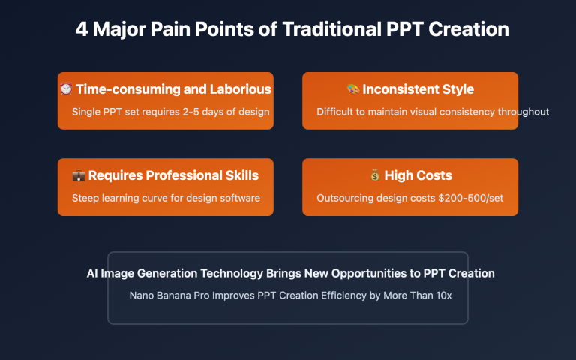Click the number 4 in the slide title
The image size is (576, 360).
point(82,30)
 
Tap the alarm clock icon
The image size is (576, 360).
point(66,89)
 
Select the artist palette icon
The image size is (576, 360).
point(352,89)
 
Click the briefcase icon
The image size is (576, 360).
point(78,175)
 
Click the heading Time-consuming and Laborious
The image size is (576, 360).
point(173,89)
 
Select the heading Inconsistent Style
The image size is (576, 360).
point(418,89)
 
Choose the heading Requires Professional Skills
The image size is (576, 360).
point(173,175)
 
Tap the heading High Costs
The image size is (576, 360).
point(418,175)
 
